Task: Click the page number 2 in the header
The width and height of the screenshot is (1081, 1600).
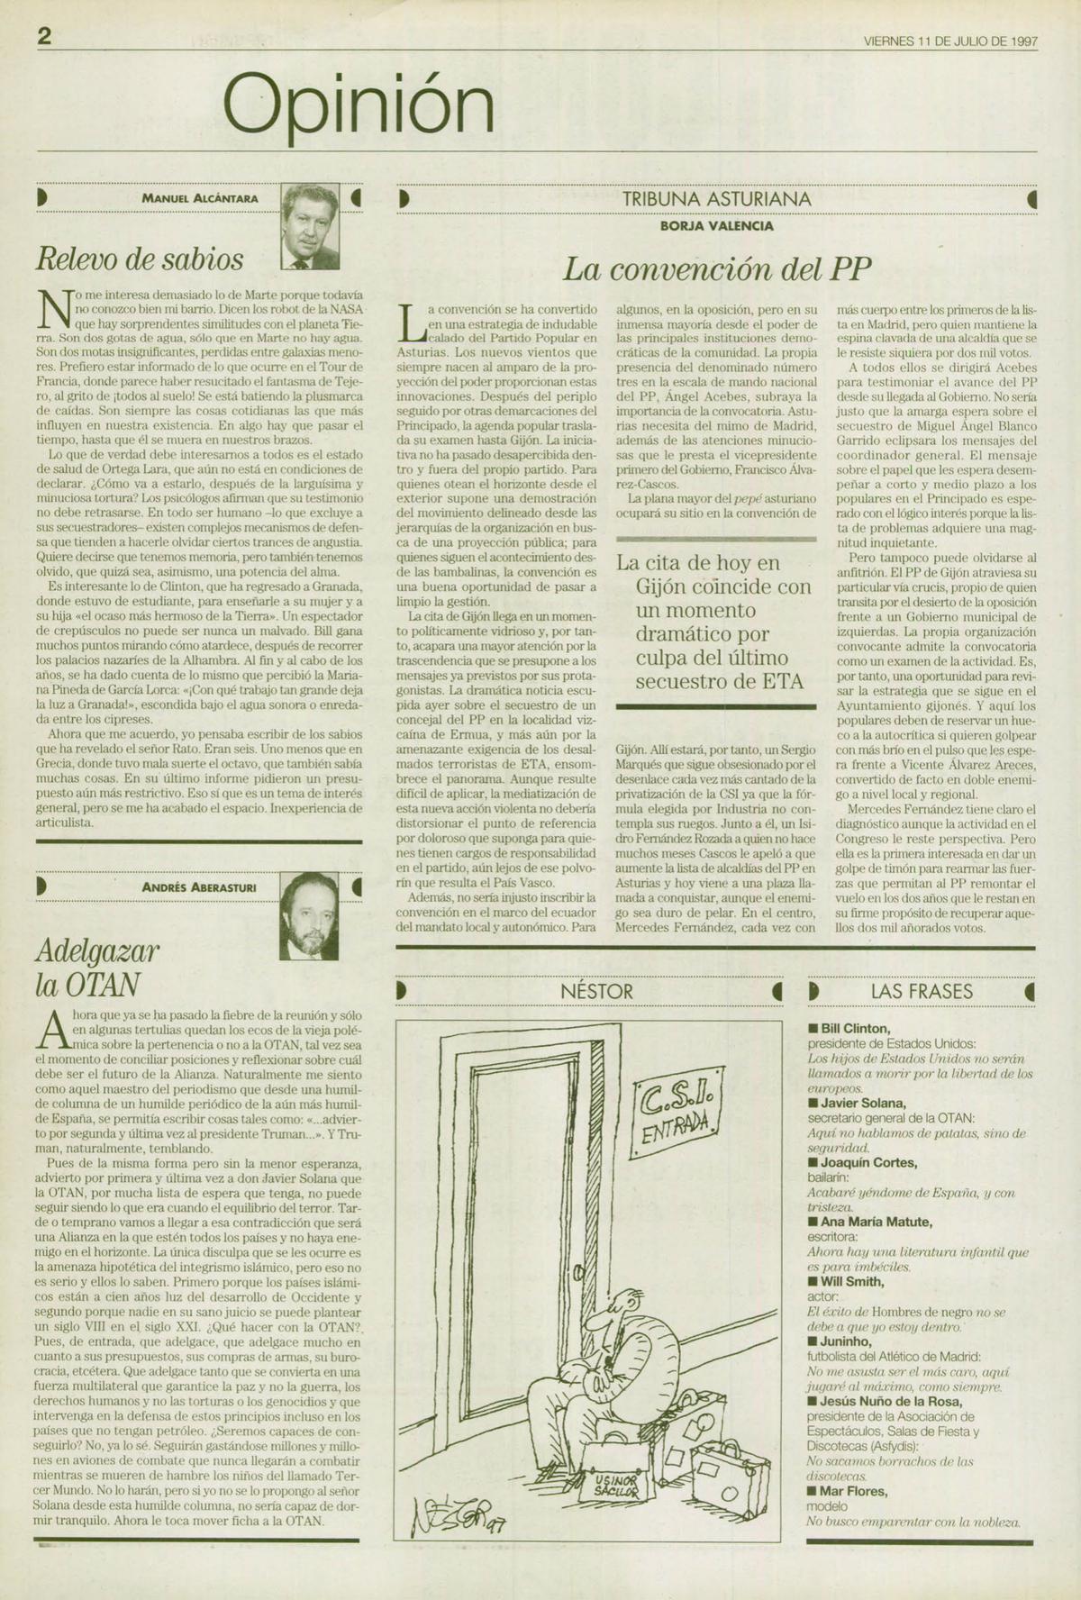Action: point(44,36)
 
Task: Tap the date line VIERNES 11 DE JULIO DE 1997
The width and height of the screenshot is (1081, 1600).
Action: point(950,41)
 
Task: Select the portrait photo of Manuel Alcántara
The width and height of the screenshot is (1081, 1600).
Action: point(309,227)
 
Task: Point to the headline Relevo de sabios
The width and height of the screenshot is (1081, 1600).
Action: point(140,259)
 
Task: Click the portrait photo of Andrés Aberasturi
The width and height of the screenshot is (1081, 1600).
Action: point(309,916)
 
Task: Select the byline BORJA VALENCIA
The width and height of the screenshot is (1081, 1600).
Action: point(716,226)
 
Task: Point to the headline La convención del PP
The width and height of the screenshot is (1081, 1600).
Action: point(717,268)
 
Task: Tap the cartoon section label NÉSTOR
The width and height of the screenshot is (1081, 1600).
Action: point(596,991)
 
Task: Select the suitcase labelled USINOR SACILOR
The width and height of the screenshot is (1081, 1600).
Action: point(615,1483)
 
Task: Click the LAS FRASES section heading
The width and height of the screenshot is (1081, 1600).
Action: point(922,991)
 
